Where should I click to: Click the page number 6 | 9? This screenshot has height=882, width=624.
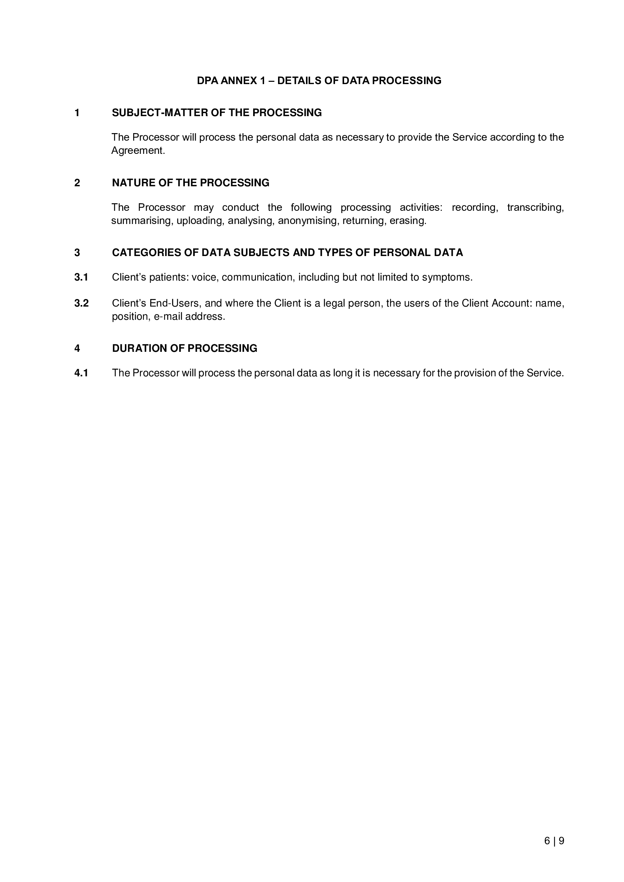554,841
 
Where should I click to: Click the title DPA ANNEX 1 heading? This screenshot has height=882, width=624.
319,81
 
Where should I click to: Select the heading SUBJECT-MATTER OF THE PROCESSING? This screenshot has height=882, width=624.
217,112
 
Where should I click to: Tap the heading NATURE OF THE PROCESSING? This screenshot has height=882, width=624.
191,183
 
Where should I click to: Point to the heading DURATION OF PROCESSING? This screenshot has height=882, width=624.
184,348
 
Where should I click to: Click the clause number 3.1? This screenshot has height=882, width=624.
81,278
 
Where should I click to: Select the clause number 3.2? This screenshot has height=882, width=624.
81,304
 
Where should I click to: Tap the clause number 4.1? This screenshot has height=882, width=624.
81,373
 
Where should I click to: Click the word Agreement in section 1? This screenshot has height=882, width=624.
138,150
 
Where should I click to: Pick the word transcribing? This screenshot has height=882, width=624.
535,207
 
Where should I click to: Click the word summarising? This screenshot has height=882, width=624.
141,221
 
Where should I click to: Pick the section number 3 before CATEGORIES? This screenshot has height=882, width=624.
77,253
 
